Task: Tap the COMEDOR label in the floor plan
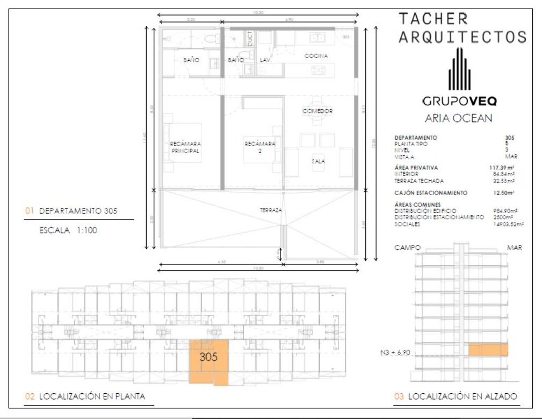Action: [x=317, y=111]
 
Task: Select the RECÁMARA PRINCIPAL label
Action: [x=185, y=147]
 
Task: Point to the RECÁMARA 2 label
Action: [x=259, y=147]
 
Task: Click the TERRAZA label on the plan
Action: [x=271, y=211]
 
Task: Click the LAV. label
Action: [x=265, y=61]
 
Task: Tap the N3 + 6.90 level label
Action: [x=394, y=352]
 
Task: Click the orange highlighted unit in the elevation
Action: [x=488, y=350]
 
